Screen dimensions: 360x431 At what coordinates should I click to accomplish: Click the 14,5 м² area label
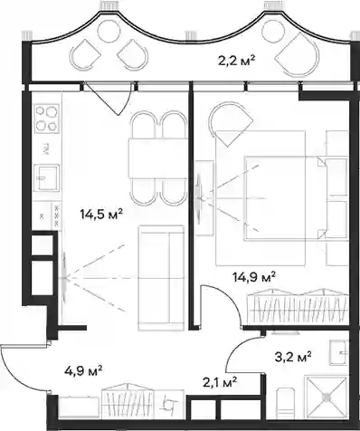[101, 215]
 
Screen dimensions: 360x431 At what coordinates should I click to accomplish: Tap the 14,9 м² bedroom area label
[255, 276]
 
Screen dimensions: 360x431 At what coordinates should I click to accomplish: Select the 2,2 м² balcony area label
[236, 61]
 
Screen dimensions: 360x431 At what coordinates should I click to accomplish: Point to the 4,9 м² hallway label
[83, 370]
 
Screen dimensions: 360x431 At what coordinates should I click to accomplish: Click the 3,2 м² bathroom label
[292, 357]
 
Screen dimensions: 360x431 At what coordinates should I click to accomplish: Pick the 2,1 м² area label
[220, 383]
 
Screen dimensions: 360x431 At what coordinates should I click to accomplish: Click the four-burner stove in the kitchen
[47, 119]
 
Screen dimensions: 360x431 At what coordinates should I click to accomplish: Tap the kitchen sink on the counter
[47, 177]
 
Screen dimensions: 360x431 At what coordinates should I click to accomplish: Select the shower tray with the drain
[327, 397]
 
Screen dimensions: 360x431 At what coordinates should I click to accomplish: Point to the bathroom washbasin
[339, 352]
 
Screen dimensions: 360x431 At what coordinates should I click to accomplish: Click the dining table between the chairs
[158, 158]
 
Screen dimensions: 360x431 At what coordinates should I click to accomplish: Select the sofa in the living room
[161, 278]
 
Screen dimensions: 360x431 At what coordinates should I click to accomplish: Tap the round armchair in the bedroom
[231, 123]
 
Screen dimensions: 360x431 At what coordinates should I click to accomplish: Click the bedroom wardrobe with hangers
[298, 307]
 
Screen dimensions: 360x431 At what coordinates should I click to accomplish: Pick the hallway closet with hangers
[128, 400]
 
